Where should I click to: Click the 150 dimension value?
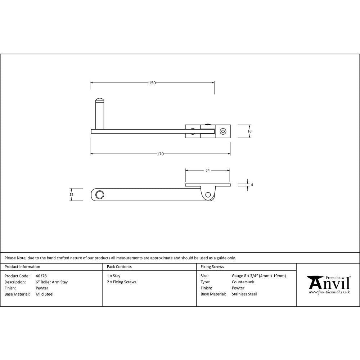pos(152,83)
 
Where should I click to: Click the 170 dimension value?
pos(160,154)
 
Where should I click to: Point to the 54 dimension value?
pos(207,171)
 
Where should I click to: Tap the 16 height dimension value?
pos(249,131)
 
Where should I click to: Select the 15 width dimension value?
pos(71,194)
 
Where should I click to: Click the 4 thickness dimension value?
pos(252,185)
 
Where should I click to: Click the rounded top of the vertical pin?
pos(99,100)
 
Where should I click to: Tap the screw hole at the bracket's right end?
pos(223,131)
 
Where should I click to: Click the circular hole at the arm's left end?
pos(99,195)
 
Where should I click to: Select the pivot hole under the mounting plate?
pos(208,195)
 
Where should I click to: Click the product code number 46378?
pos(41,276)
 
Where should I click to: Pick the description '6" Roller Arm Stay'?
pos(52,282)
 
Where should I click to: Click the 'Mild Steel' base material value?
pos(45,294)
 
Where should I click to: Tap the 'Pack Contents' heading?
pos(119,267)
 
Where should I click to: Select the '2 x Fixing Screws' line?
pos(122,282)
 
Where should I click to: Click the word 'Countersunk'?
pos(243,282)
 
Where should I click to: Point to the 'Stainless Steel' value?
pos(244,294)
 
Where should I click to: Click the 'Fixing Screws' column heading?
pos(212,267)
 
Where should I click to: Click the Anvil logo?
pos(328,283)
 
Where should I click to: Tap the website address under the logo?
pos(329,292)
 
